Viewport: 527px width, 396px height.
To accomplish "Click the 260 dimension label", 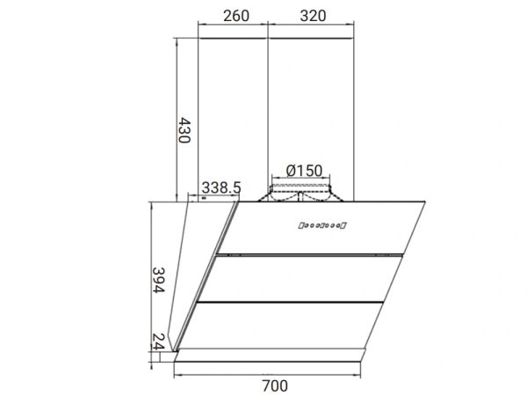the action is pyautogui.click(x=236, y=16).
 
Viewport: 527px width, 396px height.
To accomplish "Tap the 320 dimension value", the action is pyautogui.click(x=313, y=16).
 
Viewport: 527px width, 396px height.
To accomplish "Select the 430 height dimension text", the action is pyautogui.click(x=184, y=130).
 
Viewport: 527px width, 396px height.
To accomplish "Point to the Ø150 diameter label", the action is pyautogui.click(x=304, y=171).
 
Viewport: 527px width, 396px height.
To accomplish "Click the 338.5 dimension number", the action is pyautogui.click(x=221, y=187).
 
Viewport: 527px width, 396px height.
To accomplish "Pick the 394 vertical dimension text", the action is pyautogui.click(x=159, y=280).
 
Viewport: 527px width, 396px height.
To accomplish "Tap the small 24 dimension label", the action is pyautogui.click(x=158, y=342).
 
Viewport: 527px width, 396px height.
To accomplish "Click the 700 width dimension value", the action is pyautogui.click(x=275, y=385).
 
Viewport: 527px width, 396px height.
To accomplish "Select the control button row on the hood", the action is pyautogui.click(x=322, y=225).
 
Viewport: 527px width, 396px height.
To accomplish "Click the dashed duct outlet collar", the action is pyautogui.click(x=300, y=193).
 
